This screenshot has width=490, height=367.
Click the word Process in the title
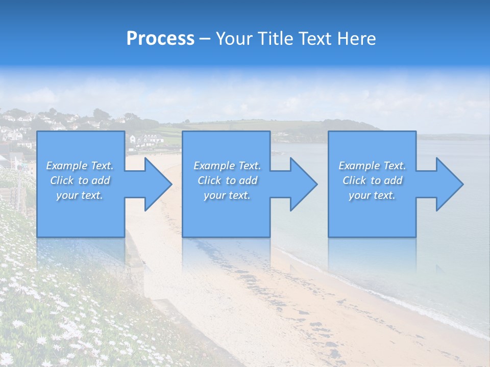click(160, 39)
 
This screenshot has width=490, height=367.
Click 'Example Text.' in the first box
click(80, 166)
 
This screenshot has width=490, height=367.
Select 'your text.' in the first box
click(80, 195)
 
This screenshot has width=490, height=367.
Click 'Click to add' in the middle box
click(227, 180)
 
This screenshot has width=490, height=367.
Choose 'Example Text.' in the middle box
click(227, 166)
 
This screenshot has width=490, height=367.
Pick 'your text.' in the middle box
click(227, 195)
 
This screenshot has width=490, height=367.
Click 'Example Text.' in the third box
click(372, 166)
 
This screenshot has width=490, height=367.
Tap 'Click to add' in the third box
click(372, 180)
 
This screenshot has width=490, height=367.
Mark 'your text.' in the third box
click(372, 195)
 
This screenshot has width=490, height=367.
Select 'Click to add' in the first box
click(80, 180)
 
